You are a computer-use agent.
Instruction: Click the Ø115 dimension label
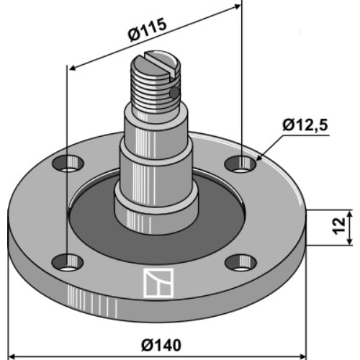click(147, 30)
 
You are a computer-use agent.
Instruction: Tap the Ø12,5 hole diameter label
click(305, 125)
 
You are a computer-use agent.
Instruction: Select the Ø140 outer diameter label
click(161, 346)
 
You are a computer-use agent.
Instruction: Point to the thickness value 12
click(338, 226)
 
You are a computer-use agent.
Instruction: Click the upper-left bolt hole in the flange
click(68, 163)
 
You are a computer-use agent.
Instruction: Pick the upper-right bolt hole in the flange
click(240, 164)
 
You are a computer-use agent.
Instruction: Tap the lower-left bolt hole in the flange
click(68, 262)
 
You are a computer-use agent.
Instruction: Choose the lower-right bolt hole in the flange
click(241, 262)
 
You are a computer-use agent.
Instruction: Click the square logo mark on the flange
click(158, 283)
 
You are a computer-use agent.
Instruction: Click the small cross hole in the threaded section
click(174, 93)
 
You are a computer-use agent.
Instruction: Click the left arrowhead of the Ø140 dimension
click(12, 356)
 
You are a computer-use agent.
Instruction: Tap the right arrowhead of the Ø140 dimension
click(302, 356)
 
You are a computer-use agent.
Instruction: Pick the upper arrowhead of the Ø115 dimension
click(237, 6)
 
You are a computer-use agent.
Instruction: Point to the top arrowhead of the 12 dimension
click(350, 214)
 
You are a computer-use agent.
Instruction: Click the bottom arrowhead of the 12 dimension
click(350, 241)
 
